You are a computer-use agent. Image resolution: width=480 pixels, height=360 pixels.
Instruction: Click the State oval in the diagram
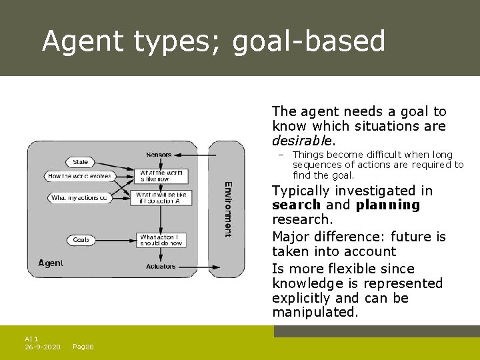[x=81, y=162]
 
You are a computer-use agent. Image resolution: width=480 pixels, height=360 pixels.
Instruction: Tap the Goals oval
[x=81, y=240]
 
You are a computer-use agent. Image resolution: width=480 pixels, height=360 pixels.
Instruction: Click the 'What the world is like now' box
[x=160, y=176]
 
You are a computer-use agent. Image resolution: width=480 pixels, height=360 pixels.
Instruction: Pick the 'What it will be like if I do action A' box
[x=163, y=198]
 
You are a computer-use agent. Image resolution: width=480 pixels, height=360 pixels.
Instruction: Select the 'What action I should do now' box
[x=160, y=240]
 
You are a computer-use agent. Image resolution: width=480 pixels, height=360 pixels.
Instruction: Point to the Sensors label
[x=159, y=155]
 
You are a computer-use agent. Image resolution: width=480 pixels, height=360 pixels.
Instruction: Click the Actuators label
[x=161, y=267]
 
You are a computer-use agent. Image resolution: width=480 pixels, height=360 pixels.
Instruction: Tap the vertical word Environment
[x=227, y=209]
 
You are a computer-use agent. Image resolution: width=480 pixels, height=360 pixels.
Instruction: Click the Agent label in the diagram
[x=51, y=263]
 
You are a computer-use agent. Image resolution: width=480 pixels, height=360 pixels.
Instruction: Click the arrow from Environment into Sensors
[x=193, y=155]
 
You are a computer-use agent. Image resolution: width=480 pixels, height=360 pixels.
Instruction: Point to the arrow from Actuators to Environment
[x=193, y=267]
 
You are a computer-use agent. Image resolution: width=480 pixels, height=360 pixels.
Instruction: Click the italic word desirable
[x=302, y=141]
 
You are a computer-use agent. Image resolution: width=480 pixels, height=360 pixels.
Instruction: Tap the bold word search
[x=296, y=205]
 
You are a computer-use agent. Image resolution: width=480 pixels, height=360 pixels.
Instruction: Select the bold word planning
[x=388, y=205]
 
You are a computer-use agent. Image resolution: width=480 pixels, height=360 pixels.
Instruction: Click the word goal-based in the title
[x=309, y=41]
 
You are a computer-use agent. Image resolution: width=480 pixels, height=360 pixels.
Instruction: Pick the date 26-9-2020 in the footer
[x=43, y=347]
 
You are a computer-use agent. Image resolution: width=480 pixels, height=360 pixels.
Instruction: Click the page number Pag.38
[x=83, y=347]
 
